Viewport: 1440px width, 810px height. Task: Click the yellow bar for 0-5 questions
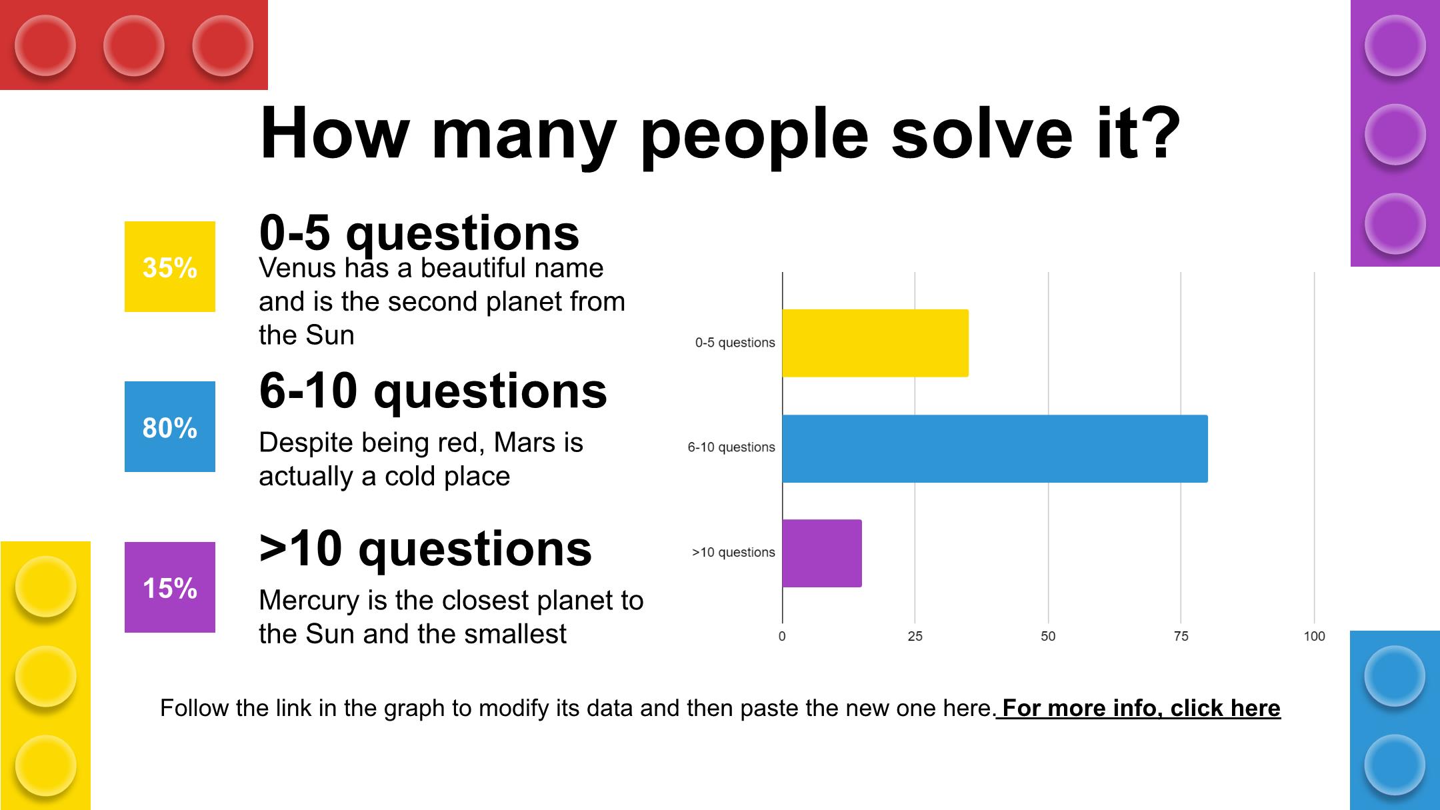(x=875, y=343)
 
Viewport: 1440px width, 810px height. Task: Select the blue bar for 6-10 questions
(x=995, y=449)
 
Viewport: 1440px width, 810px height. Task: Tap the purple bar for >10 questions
(x=822, y=553)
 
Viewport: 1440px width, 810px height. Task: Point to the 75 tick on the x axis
(x=1181, y=636)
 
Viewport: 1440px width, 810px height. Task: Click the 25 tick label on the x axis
(x=915, y=636)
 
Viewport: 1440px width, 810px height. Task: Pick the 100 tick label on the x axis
(x=1314, y=636)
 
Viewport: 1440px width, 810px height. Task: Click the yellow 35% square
(x=170, y=267)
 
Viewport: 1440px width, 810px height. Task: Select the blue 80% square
(x=170, y=427)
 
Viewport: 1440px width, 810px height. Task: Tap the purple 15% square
(x=170, y=587)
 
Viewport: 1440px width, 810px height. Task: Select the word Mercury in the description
(x=309, y=601)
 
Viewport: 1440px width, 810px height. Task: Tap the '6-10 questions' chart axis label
(x=731, y=447)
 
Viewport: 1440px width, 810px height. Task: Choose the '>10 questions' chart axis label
(x=733, y=552)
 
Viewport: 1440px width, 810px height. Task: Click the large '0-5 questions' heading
(x=419, y=233)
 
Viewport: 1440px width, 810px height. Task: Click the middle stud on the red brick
(x=134, y=45)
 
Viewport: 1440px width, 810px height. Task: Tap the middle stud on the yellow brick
(x=45, y=676)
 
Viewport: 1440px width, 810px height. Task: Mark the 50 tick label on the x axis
(x=1048, y=636)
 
